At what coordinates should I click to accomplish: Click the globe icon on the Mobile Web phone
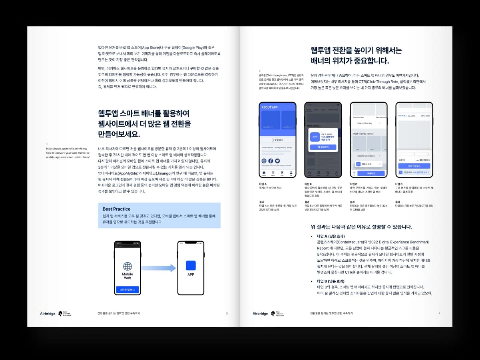point(127,267)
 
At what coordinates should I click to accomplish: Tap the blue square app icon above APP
point(191,265)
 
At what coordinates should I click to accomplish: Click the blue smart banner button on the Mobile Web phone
point(127,290)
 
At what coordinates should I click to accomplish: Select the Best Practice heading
point(116,209)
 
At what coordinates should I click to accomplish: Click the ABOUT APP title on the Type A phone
point(269,107)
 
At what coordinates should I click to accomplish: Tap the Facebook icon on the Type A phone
point(271,161)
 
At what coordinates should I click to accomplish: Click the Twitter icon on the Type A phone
point(277,161)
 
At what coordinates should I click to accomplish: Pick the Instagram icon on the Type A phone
point(264,161)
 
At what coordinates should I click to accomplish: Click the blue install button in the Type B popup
point(323,147)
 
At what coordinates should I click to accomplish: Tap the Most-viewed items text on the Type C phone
point(362,133)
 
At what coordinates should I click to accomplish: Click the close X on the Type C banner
point(379,164)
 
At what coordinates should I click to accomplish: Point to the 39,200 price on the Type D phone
point(423,159)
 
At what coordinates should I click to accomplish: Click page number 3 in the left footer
point(227,314)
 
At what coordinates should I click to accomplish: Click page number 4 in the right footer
point(439,314)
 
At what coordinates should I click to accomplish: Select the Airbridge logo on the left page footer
point(48,314)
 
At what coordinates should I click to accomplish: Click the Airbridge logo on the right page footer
point(260,314)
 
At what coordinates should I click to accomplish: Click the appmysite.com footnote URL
point(68,153)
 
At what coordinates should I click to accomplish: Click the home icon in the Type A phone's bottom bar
point(264,174)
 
